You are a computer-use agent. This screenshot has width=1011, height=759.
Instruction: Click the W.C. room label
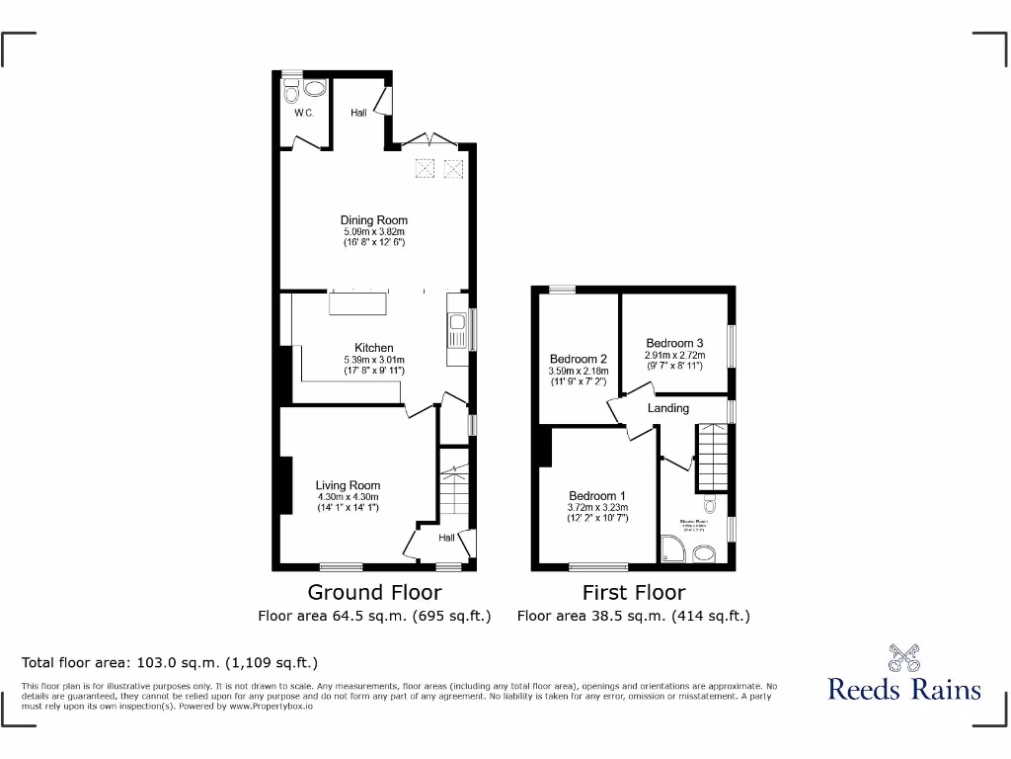coord(303,113)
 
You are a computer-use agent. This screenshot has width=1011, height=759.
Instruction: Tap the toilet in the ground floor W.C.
coord(290,93)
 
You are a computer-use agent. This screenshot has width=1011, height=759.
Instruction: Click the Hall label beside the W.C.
coord(358,113)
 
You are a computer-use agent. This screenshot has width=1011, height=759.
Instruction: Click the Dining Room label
coord(374,220)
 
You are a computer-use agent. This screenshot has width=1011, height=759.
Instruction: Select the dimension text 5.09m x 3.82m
coord(374,231)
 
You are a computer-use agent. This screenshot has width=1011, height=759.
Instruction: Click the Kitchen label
coord(374,348)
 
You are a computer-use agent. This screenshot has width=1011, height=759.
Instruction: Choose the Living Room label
coord(348,485)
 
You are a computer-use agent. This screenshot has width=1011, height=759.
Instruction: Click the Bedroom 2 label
coord(578,359)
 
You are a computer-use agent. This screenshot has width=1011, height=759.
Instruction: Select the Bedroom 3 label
coord(675,343)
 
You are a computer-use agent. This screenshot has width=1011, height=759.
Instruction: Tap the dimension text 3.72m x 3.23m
coord(597,507)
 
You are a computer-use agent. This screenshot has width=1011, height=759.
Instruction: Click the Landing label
coord(668,408)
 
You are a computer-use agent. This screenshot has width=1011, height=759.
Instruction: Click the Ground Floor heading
coord(374,592)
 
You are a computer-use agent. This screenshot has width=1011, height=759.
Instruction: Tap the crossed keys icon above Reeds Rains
coord(903,657)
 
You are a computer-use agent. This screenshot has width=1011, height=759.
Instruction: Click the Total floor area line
coord(170,663)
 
